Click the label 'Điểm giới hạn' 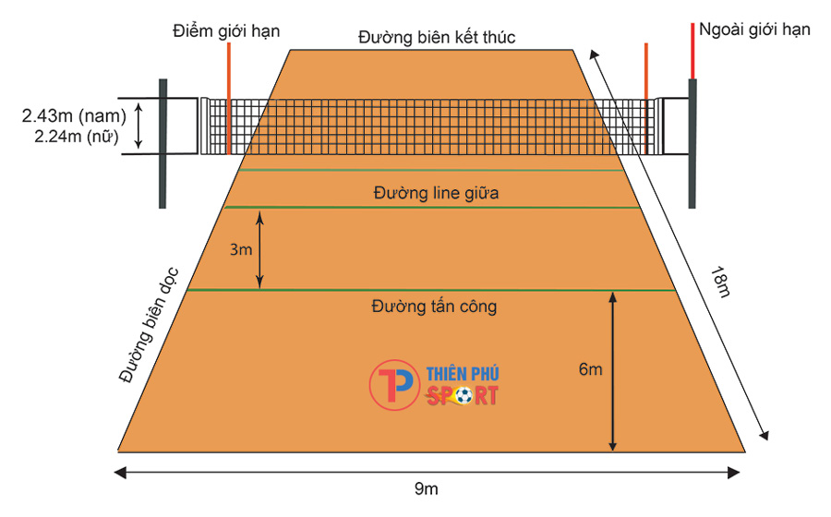pyautogui.click(x=226, y=31)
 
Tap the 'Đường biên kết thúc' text pyautogui.click(x=437, y=37)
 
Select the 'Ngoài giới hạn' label pyautogui.click(x=754, y=30)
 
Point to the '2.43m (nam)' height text pyautogui.click(x=74, y=116)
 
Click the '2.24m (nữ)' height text pyautogui.click(x=77, y=137)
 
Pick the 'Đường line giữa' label pyautogui.click(x=436, y=193)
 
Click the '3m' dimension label pyautogui.click(x=241, y=249)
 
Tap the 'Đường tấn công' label pyautogui.click(x=434, y=307)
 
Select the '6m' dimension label pyautogui.click(x=590, y=369)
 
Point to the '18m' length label pyautogui.click(x=720, y=283)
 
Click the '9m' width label pyautogui.click(x=426, y=488)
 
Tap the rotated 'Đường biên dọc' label pyautogui.click(x=149, y=325)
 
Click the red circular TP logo pyautogui.click(x=394, y=385)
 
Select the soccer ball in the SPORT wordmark pyautogui.click(x=464, y=396)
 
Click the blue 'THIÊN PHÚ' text pyautogui.click(x=463, y=373)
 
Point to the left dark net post pyautogui.click(x=163, y=143)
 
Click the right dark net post pyautogui.click(x=692, y=143)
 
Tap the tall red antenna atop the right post pyautogui.click(x=692, y=51)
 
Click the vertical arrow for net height pyautogui.click(x=138, y=126)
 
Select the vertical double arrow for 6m pyautogui.click(x=613, y=371)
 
